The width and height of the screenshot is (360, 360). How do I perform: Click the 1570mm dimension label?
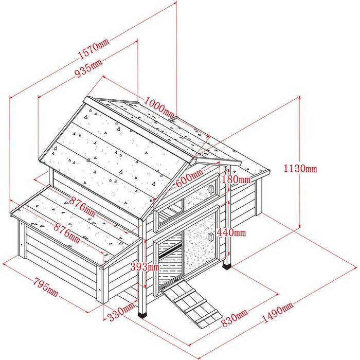94,49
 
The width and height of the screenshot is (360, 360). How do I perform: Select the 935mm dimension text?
88,68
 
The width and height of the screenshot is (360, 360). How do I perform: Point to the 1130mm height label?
300,169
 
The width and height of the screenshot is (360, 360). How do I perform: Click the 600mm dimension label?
189,176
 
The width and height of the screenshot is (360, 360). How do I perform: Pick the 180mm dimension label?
236,179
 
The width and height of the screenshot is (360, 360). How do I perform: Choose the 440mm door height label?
231,232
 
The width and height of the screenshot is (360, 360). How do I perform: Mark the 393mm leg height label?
145,267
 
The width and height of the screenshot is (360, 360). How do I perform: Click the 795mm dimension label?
46,287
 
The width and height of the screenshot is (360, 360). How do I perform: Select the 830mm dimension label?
235,318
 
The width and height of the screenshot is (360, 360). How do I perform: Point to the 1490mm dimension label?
277,312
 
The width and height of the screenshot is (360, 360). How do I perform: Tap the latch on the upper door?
211,189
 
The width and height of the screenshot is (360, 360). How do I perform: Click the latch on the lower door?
211,237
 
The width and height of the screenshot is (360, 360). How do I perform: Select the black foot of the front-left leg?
143,315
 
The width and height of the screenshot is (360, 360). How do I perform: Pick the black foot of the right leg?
227,267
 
